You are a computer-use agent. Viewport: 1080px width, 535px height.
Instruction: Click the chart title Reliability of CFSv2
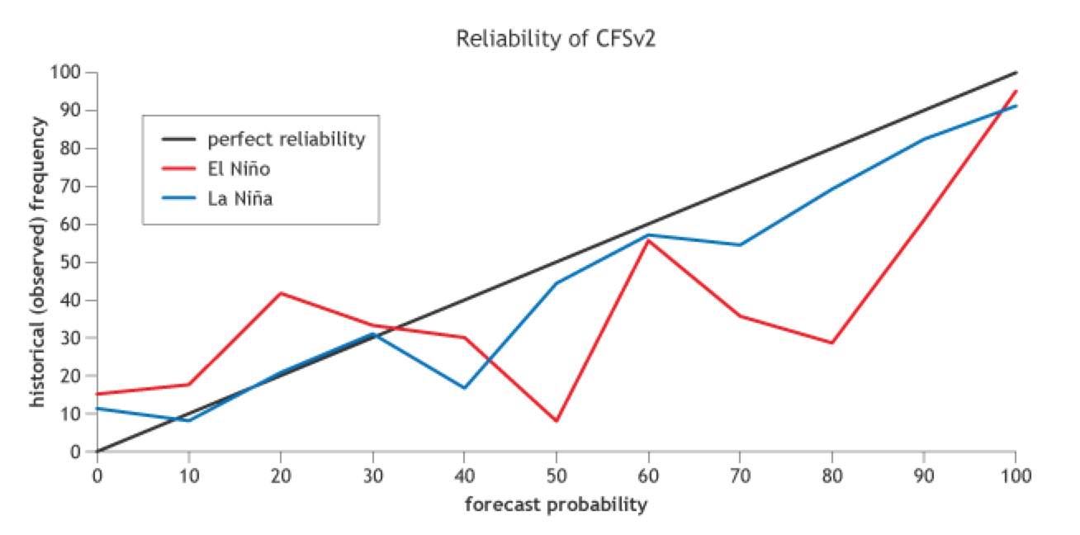pos(556,40)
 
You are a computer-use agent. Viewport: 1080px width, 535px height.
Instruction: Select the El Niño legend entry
pos(239,169)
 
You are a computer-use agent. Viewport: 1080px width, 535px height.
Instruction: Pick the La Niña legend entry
pos(240,198)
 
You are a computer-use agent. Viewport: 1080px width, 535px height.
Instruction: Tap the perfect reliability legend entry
pos(286,140)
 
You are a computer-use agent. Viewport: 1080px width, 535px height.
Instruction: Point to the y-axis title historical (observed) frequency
pos(38,262)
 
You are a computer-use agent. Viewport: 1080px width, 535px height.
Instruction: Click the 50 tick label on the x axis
pos(557,476)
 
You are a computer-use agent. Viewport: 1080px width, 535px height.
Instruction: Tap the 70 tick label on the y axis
pos(72,187)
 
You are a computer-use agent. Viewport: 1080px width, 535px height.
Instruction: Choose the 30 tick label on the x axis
pos(372,476)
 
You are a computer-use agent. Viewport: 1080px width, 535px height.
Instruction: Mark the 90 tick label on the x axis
pos(923,476)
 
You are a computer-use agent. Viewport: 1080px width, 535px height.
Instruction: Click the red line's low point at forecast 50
pos(557,421)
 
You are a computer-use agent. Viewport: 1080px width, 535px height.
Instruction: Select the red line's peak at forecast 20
pos(281,293)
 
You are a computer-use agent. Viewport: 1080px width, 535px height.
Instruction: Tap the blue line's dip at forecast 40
pos(465,388)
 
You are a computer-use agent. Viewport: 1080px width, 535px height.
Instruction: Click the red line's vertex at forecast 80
pos(832,343)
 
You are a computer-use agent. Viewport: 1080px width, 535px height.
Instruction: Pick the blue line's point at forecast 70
pos(740,245)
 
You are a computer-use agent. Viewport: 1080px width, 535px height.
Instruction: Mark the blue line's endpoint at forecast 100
pos(1016,106)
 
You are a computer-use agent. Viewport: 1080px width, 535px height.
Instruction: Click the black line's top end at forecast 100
pos(1016,73)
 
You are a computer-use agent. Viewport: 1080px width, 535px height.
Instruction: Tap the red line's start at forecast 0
pos(97,394)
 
